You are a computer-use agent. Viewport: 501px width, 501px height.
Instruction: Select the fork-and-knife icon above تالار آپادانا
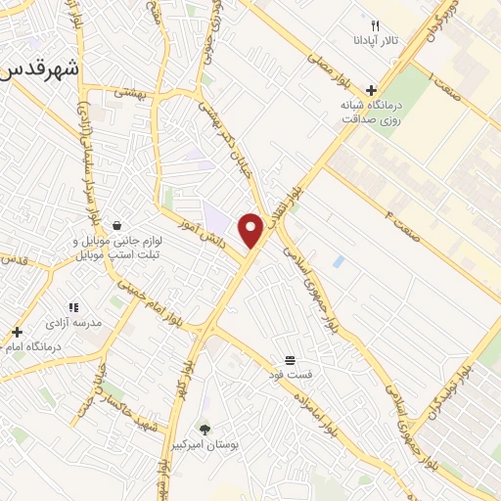(x=375, y=25)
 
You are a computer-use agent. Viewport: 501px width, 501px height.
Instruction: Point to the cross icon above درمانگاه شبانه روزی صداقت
(x=371, y=89)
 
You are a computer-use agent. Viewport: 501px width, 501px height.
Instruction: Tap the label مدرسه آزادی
(x=68, y=321)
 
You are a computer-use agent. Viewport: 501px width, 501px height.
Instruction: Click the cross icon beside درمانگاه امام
(x=17, y=332)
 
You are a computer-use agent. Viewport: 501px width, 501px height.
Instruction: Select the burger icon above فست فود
(x=290, y=359)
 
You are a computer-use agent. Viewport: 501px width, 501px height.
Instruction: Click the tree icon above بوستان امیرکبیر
(x=204, y=430)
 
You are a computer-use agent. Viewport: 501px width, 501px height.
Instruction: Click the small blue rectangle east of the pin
(x=338, y=262)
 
